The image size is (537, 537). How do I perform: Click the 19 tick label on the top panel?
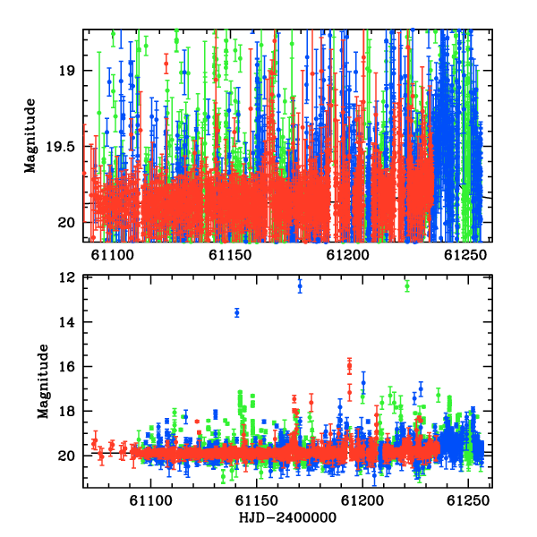(x=66, y=71)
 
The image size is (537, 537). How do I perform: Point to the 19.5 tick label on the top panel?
(x=60, y=148)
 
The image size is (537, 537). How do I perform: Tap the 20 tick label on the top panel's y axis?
(x=66, y=223)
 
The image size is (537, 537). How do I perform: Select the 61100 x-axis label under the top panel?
(x=113, y=255)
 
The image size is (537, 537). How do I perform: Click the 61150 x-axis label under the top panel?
(x=230, y=255)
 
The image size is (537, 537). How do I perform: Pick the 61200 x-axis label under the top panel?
(x=347, y=255)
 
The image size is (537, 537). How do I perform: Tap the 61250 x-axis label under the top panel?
(x=465, y=255)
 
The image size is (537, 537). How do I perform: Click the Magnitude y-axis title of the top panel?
(x=30, y=136)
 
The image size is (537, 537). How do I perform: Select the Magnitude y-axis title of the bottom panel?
(x=43, y=381)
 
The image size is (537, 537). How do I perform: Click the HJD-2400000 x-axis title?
(x=287, y=517)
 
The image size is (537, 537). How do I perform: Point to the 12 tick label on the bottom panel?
(x=67, y=277)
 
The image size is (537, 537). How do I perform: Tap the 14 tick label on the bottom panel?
(x=67, y=322)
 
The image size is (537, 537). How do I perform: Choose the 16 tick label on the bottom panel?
(x=67, y=367)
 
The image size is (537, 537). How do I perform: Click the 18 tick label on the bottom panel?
(x=67, y=411)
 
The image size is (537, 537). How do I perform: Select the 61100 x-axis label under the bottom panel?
(x=150, y=500)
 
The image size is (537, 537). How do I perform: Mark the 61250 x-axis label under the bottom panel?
(x=468, y=500)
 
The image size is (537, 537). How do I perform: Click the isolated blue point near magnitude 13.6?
(x=237, y=312)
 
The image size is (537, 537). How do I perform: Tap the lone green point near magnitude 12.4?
(x=407, y=286)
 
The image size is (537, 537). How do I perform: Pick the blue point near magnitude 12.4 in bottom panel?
(x=300, y=286)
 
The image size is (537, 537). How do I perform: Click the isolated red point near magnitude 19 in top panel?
(x=166, y=64)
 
